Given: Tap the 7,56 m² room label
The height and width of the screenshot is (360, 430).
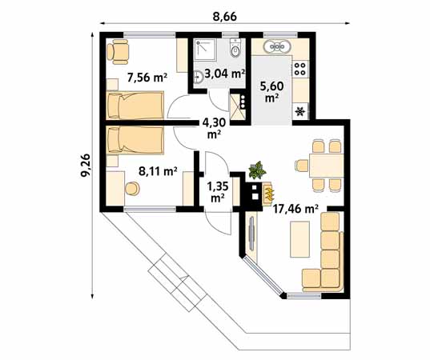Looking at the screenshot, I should tap(147, 78).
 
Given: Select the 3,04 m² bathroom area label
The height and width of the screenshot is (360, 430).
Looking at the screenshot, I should tap(224, 74).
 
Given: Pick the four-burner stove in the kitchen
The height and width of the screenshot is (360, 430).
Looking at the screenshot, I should tap(301, 68).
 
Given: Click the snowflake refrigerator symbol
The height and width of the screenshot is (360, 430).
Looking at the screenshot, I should tap(301, 111).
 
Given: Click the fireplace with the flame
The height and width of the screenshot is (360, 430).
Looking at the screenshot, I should tap(267, 192).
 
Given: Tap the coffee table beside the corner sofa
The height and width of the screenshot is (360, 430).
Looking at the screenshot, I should tap(299, 238).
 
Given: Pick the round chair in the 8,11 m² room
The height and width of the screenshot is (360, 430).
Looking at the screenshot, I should tap(131, 189).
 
